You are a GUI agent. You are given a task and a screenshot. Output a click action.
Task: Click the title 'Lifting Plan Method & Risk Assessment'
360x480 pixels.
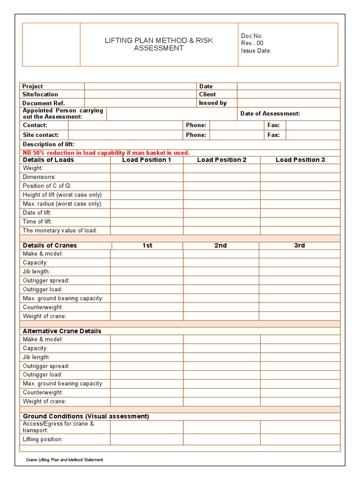pyautogui.click(x=159, y=44)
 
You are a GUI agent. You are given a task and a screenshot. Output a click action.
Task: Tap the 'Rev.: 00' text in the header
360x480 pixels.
pyautogui.click(x=252, y=43)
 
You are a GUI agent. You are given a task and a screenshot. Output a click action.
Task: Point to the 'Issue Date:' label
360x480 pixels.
pyautogui.click(x=256, y=51)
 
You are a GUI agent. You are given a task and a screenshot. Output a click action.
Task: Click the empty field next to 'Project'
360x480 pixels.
pyautogui.click(x=140, y=86)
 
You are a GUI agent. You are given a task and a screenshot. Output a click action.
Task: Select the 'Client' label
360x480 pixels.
pyautogui.click(x=207, y=94)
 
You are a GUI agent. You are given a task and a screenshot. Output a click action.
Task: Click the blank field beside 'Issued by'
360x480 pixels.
pyautogui.click(x=288, y=103)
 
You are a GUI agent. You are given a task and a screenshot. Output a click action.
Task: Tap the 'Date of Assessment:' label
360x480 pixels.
pyautogui.click(x=270, y=113)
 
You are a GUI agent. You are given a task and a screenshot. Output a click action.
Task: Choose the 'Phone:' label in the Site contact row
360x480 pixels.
pyautogui.click(x=196, y=135)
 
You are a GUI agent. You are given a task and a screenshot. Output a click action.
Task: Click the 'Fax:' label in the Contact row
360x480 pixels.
pyautogui.click(x=273, y=125)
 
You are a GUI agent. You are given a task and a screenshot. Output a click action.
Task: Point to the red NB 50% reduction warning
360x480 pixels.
pyautogui.click(x=106, y=153)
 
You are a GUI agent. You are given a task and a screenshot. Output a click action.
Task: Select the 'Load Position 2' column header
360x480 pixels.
pyautogui.click(x=222, y=160)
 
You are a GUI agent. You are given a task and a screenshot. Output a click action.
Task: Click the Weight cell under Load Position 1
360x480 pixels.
pyautogui.click(x=147, y=168)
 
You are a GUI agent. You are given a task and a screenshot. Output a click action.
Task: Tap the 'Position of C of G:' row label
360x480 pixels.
pyautogui.click(x=47, y=186)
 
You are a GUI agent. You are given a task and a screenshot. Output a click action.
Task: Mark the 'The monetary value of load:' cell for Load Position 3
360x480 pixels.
pyautogui.click(x=300, y=231)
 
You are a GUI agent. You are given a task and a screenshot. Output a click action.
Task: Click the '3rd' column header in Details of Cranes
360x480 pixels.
pyautogui.click(x=300, y=246)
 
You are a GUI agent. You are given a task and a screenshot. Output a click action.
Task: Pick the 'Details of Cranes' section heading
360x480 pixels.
pyautogui.click(x=50, y=246)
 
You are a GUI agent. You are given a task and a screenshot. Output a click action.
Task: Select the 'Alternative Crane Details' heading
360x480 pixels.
pyautogui.click(x=62, y=331)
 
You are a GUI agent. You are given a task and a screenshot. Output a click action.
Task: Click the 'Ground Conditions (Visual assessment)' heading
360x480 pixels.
pyautogui.click(x=86, y=416)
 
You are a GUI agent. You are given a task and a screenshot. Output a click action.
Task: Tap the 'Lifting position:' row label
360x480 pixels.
pyautogui.click(x=43, y=440)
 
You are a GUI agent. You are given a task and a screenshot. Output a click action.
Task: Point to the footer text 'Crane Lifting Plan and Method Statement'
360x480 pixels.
pyautogui.click(x=65, y=460)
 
